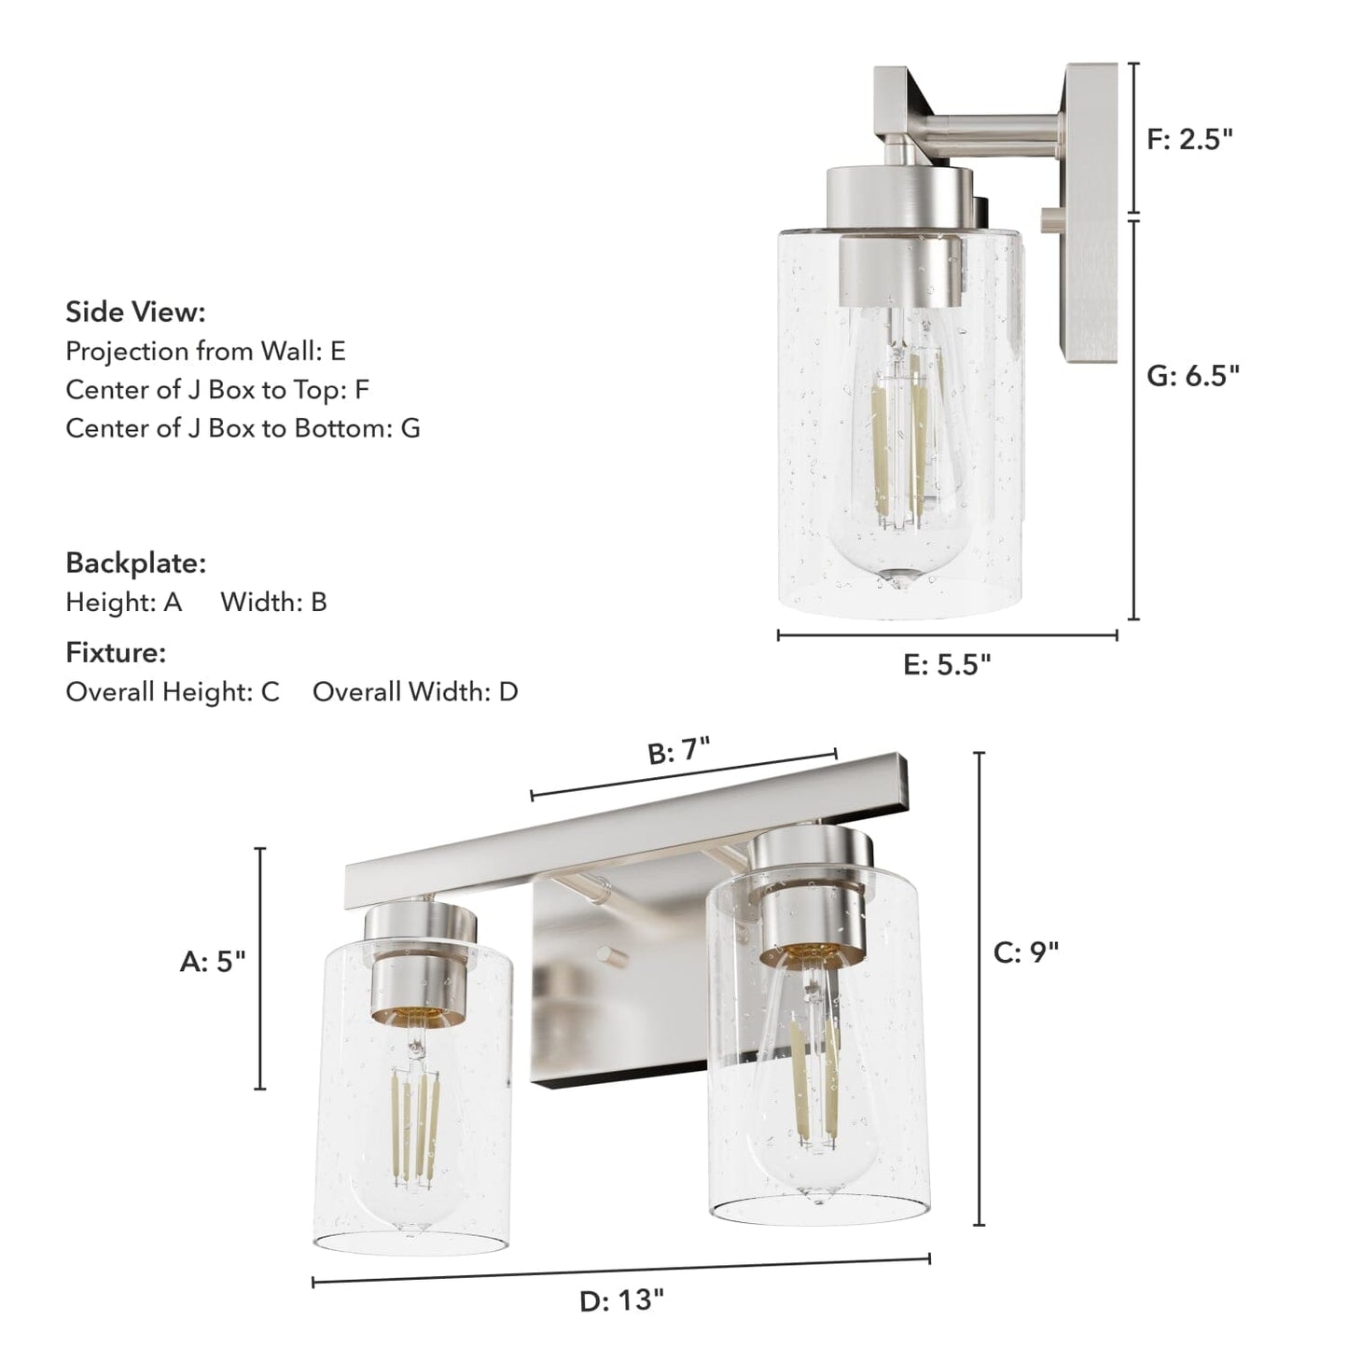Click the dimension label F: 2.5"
[1189, 139]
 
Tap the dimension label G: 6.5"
[1193, 375]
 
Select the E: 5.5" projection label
[947, 664]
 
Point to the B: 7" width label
[679, 751]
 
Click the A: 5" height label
[213, 962]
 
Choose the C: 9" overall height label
[1026, 952]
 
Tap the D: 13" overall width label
[622, 1300]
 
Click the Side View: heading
[135, 312]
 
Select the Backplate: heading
[135, 563]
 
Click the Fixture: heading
[116, 653]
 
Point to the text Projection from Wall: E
[205, 351]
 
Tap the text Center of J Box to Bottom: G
[243, 428]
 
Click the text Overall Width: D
[415, 692]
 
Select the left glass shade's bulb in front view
[413, 1138]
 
